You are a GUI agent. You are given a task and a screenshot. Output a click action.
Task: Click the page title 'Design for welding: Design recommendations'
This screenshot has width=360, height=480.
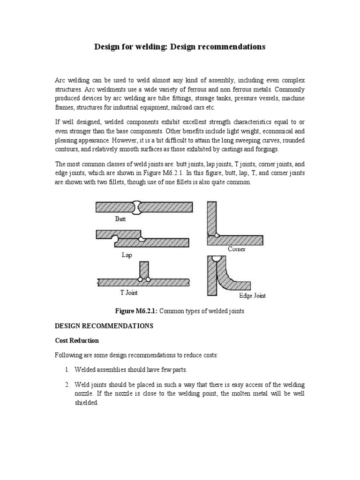coord(180,47)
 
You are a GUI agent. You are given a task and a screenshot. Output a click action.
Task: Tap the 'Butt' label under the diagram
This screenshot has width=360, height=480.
coord(121,218)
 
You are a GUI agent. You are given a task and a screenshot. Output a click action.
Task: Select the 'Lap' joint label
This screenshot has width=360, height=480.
coord(127,255)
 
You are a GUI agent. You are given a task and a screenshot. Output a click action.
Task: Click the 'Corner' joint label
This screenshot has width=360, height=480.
coord(237,249)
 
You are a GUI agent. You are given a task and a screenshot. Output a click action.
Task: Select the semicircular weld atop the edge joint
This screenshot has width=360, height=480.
coord(217,258)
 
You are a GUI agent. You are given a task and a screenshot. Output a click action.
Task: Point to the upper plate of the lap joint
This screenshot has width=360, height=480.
coord(117,234)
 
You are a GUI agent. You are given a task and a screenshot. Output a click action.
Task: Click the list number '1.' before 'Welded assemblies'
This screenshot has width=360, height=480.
coord(67,370)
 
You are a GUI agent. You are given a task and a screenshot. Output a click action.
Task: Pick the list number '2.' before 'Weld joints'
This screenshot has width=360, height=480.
coord(67,385)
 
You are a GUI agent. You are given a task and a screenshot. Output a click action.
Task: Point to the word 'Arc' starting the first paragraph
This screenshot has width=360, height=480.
coord(60,81)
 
